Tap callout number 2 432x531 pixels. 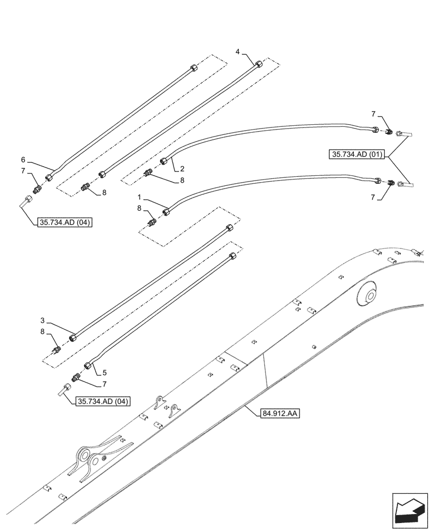(182, 169)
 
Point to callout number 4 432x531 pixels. (238, 52)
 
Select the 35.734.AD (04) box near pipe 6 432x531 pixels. (65, 222)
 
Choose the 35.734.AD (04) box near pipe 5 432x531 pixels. (103, 401)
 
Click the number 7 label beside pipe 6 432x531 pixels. (23, 170)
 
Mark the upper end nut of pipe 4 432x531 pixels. (259, 64)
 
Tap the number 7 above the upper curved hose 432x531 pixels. (373, 114)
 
